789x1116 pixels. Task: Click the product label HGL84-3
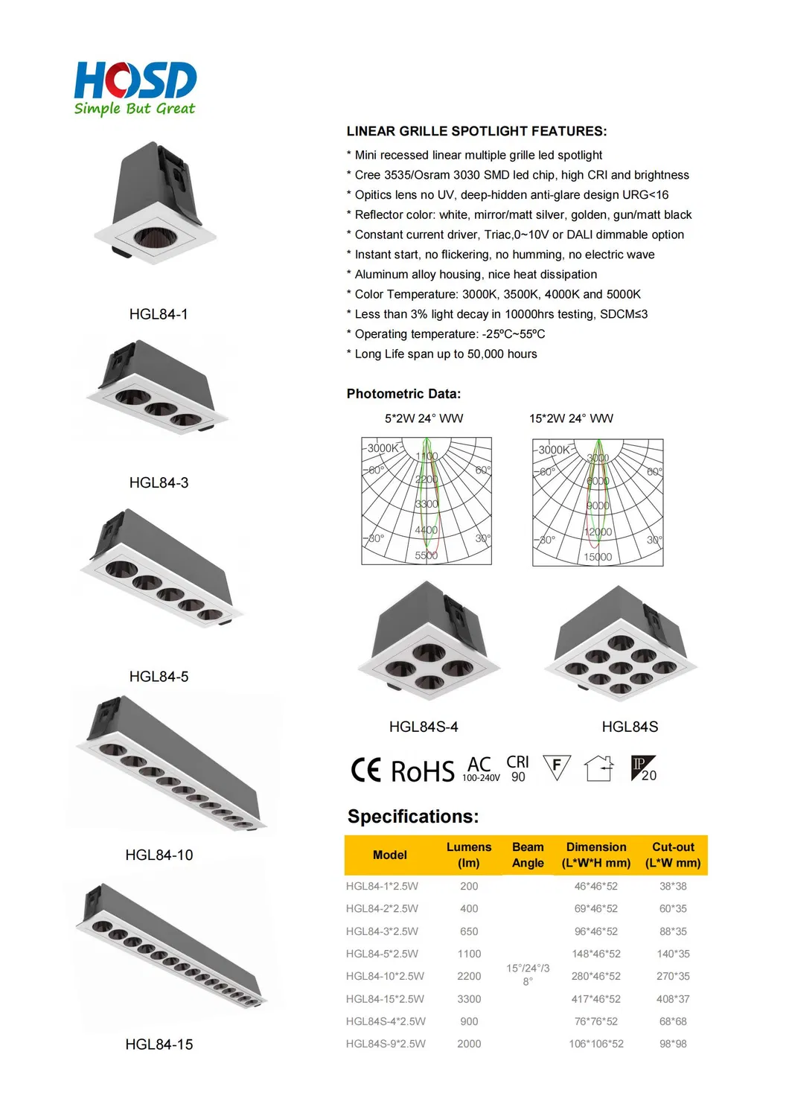click(x=159, y=482)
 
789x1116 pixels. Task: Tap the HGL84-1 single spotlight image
click(x=157, y=205)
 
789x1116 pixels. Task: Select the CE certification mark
click(x=366, y=770)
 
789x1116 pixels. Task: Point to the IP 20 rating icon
click(x=643, y=768)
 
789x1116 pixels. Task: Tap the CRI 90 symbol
click(x=517, y=769)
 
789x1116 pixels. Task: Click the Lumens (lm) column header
click(x=469, y=855)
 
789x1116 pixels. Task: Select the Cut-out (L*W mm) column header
click(x=673, y=855)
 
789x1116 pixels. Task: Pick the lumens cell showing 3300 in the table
click(x=469, y=999)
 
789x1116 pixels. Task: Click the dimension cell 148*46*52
click(x=596, y=954)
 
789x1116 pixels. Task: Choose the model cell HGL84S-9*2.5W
click(x=386, y=1044)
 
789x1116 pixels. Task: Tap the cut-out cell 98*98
click(x=673, y=1044)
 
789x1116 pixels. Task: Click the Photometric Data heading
click(x=403, y=394)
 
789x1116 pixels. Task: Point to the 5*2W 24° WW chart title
click(x=424, y=418)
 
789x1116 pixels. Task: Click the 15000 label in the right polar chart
click(x=598, y=557)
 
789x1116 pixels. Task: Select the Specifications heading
click(x=413, y=817)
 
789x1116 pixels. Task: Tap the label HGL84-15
click(x=159, y=1045)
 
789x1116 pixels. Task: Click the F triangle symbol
click(x=557, y=767)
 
